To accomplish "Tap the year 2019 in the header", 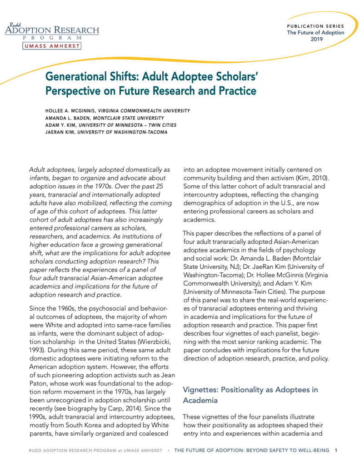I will [x=316, y=40].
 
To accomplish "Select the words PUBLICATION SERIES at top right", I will [x=315, y=26].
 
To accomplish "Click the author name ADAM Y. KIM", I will [x=60, y=125].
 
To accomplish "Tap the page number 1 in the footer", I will [x=336, y=450].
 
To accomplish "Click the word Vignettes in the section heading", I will [x=199, y=390].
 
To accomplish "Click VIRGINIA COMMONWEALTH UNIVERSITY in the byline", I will [x=145, y=110].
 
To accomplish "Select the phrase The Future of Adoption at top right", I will [x=315, y=33].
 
